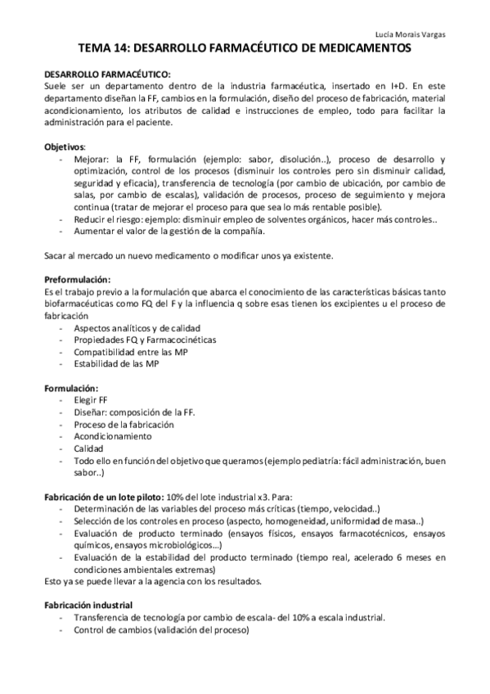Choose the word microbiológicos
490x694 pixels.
(178, 546)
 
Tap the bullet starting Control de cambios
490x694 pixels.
(161, 630)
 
